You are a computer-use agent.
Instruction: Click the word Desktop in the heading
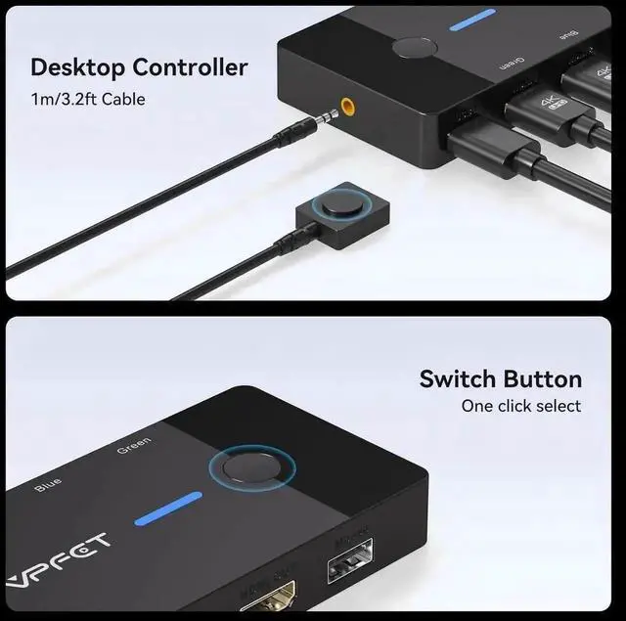(x=77, y=67)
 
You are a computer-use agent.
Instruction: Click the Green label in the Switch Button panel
(x=134, y=447)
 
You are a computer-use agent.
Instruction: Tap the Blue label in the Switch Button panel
(x=47, y=482)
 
